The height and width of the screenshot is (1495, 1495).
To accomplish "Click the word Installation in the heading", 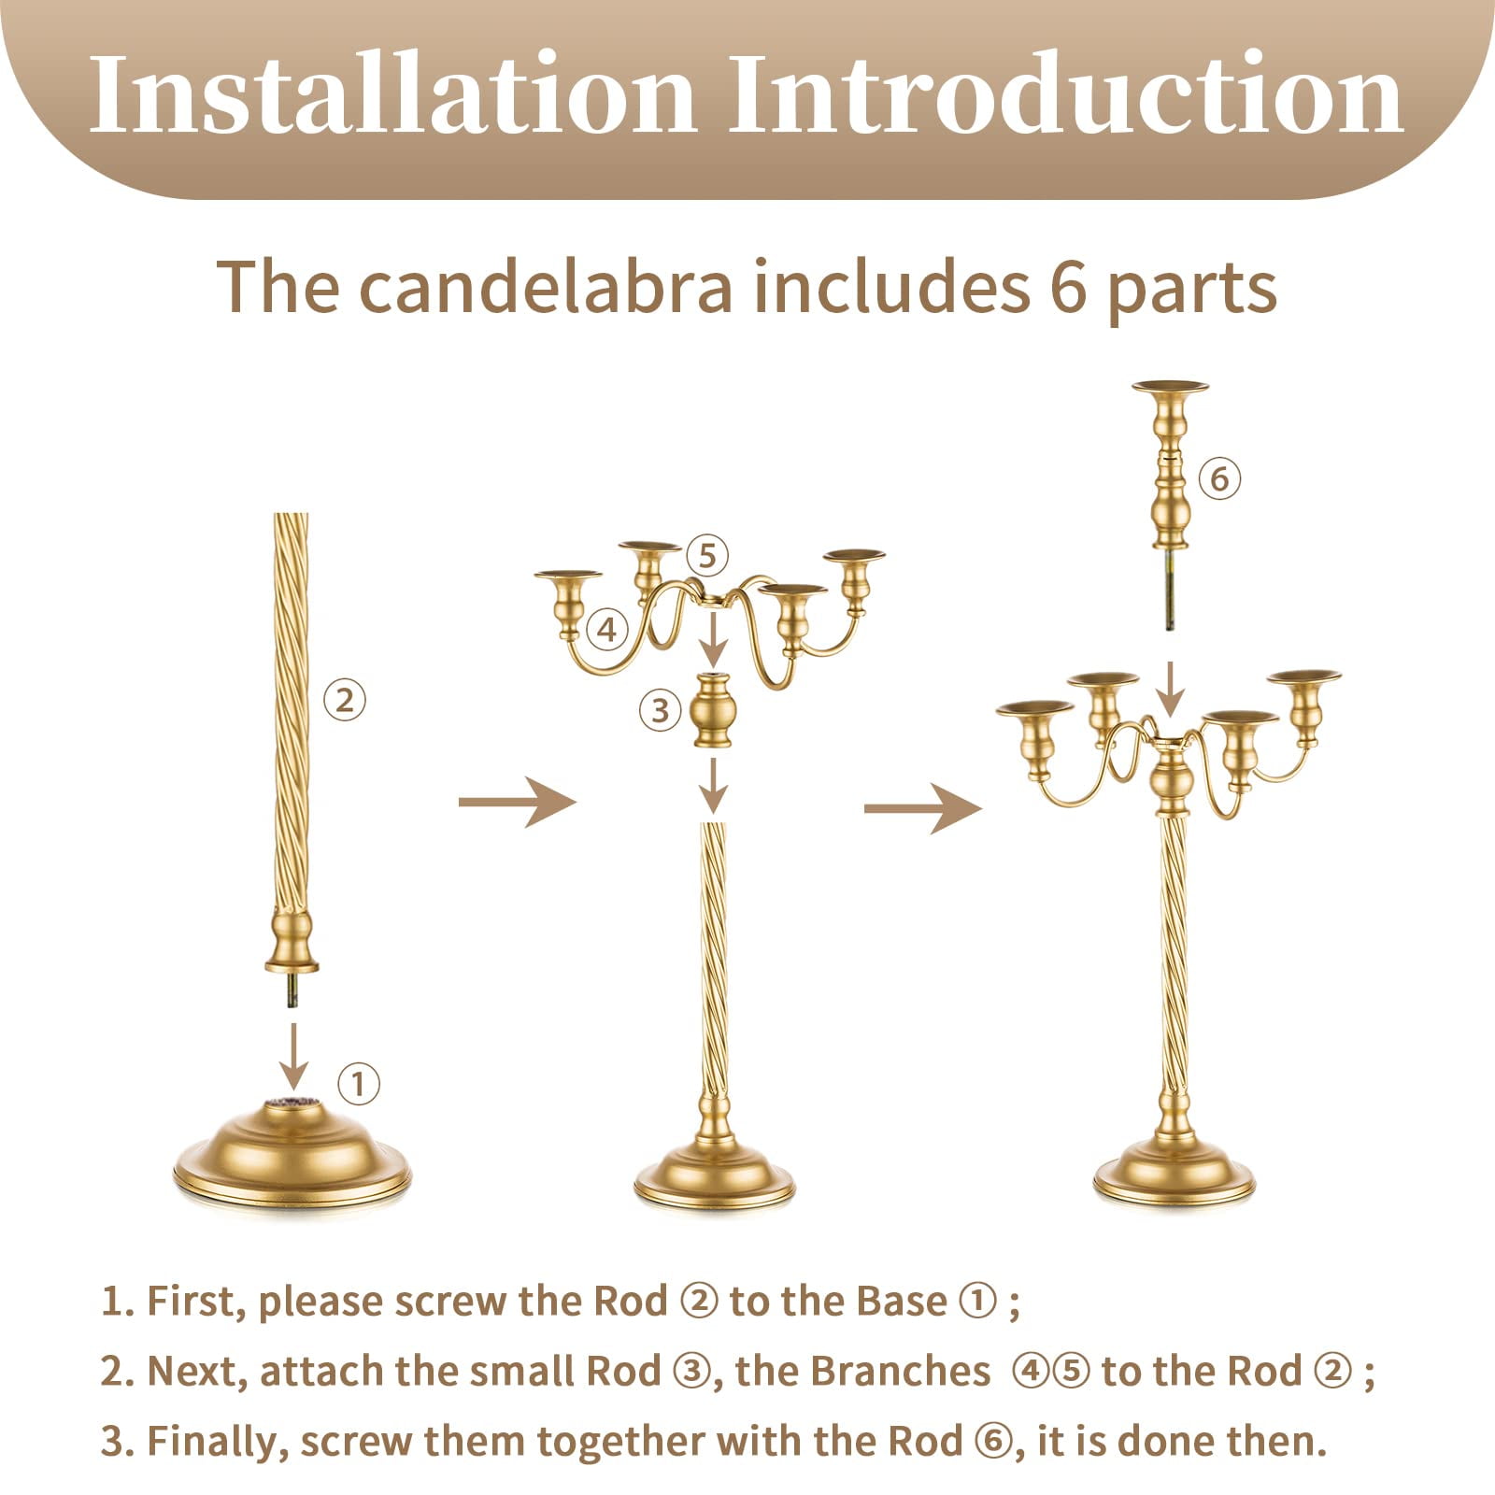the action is (392, 93).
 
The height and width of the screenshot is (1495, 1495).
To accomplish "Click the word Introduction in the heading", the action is (1066, 93).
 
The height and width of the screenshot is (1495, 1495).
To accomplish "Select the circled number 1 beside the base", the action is (358, 1084).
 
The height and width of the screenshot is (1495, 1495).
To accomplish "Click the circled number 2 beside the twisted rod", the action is (345, 699).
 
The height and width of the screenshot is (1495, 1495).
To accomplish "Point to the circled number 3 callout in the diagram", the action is (661, 710).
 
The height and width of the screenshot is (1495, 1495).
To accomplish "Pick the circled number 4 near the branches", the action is (607, 630).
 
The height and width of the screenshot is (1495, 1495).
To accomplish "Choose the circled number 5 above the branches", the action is (707, 556).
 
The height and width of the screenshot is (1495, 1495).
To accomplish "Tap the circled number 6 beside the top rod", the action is (1219, 479).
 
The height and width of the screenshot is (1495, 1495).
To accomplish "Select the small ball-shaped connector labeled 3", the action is (713, 711).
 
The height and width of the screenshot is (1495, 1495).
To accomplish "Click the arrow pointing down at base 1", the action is (294, 1057).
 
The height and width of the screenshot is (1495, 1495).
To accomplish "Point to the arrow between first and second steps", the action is (517, 802).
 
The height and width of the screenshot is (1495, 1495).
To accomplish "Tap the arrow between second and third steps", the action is (922, 807).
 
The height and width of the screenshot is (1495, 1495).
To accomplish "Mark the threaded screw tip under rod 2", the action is (293, 990).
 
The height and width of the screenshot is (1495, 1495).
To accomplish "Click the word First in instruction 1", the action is (194, 1302).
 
